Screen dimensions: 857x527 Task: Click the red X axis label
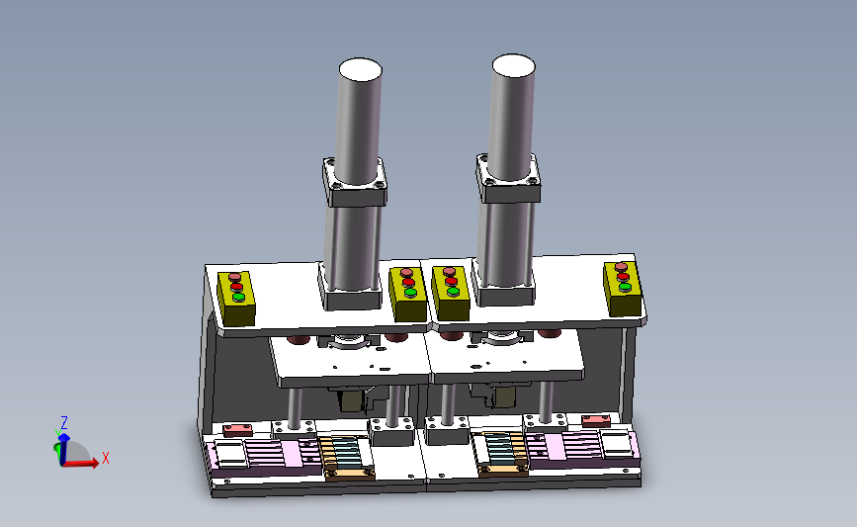pos(106,458)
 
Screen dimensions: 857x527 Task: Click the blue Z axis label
pos(64,422)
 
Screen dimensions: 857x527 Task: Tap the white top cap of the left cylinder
pos(360,69)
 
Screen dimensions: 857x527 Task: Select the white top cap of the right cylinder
pos(513,65)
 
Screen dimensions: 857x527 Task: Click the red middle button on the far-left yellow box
pos(236,287)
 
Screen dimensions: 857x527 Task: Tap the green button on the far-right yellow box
pos(625,287)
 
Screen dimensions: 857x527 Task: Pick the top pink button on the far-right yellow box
pos(621,267)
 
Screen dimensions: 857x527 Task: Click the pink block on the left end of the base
pos(238,429)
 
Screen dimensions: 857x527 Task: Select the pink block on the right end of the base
pos(596,420)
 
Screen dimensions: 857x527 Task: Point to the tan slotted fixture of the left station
pos(347,457)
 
